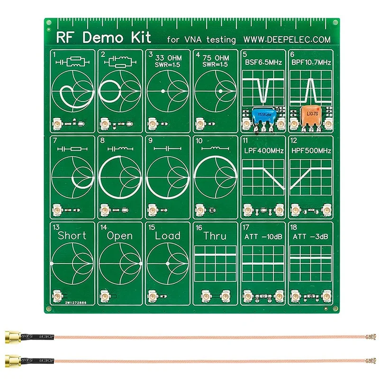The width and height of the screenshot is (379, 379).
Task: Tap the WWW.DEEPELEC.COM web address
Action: [287, 40]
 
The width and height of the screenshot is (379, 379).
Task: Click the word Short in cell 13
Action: [72, 235]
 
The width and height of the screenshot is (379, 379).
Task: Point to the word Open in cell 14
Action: [119, 235]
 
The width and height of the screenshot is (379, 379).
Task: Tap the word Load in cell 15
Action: [168, 235]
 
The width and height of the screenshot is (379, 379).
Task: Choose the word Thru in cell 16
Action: [215, 235]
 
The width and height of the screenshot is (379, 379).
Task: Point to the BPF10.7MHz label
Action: [310, 62]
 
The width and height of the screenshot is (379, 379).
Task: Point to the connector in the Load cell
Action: [153, 297]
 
